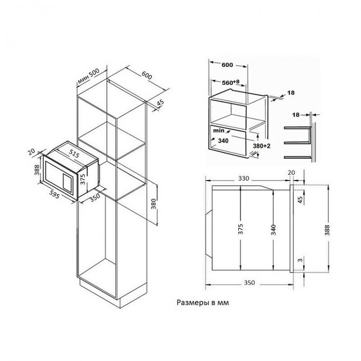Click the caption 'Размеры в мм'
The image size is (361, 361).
point(203,302)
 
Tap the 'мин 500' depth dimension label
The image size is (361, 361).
point(89,76)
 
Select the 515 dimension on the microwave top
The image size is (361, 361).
point(74,154)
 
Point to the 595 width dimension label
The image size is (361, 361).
point(55,194)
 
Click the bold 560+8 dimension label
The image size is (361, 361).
point(231,82)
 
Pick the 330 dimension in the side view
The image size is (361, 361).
point(244,179)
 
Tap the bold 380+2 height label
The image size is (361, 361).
point(261,146)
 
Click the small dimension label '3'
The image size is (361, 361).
point(300,260)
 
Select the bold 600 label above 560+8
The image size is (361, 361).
point(227,65)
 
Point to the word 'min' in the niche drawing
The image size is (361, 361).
point(219,130)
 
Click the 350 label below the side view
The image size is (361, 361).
point(249,283)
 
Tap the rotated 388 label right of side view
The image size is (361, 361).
point(327,230)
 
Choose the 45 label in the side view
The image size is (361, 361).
point(300,199)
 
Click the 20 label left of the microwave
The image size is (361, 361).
point(31,152)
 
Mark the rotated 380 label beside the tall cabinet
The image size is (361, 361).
point(154,204)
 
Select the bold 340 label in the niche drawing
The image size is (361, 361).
point(223,141)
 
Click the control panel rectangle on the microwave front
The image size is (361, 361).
point(67,183)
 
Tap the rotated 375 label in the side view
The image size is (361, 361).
point(240,229)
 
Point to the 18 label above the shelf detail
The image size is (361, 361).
point(296,115)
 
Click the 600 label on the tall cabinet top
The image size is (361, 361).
point(147,75)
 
